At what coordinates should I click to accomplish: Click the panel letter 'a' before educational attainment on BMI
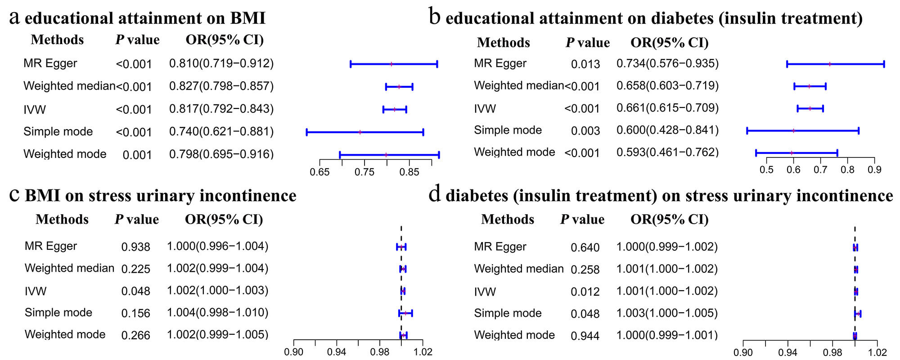[15, 18]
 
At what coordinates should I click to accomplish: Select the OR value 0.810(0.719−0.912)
[221, 63]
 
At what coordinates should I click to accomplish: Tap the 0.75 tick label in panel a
[364, 172]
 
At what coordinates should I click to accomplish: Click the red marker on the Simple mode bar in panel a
[360, 132]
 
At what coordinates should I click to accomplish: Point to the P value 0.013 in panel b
[585, 64]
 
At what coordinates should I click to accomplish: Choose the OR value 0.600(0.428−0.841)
[667, 130]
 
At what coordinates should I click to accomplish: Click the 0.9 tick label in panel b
[874, 170]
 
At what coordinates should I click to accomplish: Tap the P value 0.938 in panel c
[135, 247]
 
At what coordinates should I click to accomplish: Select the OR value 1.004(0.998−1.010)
[217, 313]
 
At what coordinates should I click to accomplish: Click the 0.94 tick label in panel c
[337, 352]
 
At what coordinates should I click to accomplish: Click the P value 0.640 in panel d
[585, 247]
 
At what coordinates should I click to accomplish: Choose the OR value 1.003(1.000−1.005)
[667, 313]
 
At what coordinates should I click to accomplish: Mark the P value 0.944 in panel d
[585, 336]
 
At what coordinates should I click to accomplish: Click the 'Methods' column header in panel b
[503, 43]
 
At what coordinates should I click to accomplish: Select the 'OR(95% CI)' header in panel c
[224, 220]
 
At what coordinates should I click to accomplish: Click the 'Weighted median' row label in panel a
[69, 86]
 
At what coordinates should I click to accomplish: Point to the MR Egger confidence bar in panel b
[835, 64]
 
